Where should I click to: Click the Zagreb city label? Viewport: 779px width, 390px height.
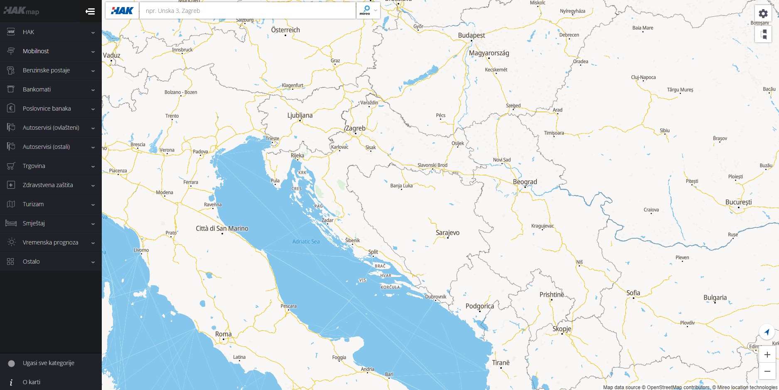(x=356, y=128)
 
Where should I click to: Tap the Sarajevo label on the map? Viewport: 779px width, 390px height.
(x=447, y=233)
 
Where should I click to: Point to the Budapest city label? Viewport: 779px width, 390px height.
(x=471, y=35)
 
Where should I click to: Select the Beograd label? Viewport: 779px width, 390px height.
(x=525, y=182)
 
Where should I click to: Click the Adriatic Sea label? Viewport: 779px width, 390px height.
(x=306, y=242)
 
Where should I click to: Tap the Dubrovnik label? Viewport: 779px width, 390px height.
(x=435, y=297)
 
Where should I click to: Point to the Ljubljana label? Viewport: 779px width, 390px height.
(x=300, y=116)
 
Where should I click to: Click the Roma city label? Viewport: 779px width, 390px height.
(x=223, y=334)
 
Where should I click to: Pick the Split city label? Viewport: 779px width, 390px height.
(x=373, y=252)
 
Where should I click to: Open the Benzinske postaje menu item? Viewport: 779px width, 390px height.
(x=46, y=70)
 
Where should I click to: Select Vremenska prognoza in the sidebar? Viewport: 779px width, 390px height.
(x=50, y=242)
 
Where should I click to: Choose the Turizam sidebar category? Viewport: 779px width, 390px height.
(x=33, y=204)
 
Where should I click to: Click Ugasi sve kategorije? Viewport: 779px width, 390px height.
(x=48, y=363)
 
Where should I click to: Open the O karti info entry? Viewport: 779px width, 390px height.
(x=32, y=382)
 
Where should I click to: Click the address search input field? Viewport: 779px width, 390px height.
(x=247, y=11)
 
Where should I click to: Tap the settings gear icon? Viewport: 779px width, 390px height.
(x=763, y=13)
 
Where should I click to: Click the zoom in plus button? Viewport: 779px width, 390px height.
(x=767, y=355)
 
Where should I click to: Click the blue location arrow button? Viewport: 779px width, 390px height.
(x=767, y=332)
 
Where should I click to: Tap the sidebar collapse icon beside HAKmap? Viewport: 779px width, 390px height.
(x=90, y=11)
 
